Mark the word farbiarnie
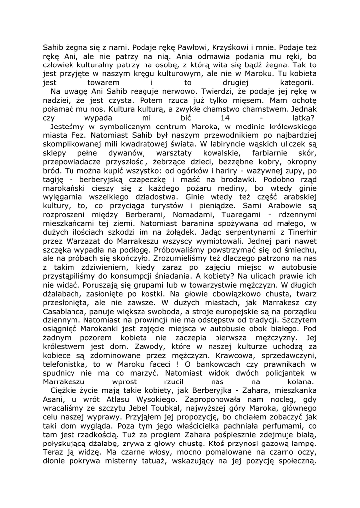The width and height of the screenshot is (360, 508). tap(259, 153)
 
